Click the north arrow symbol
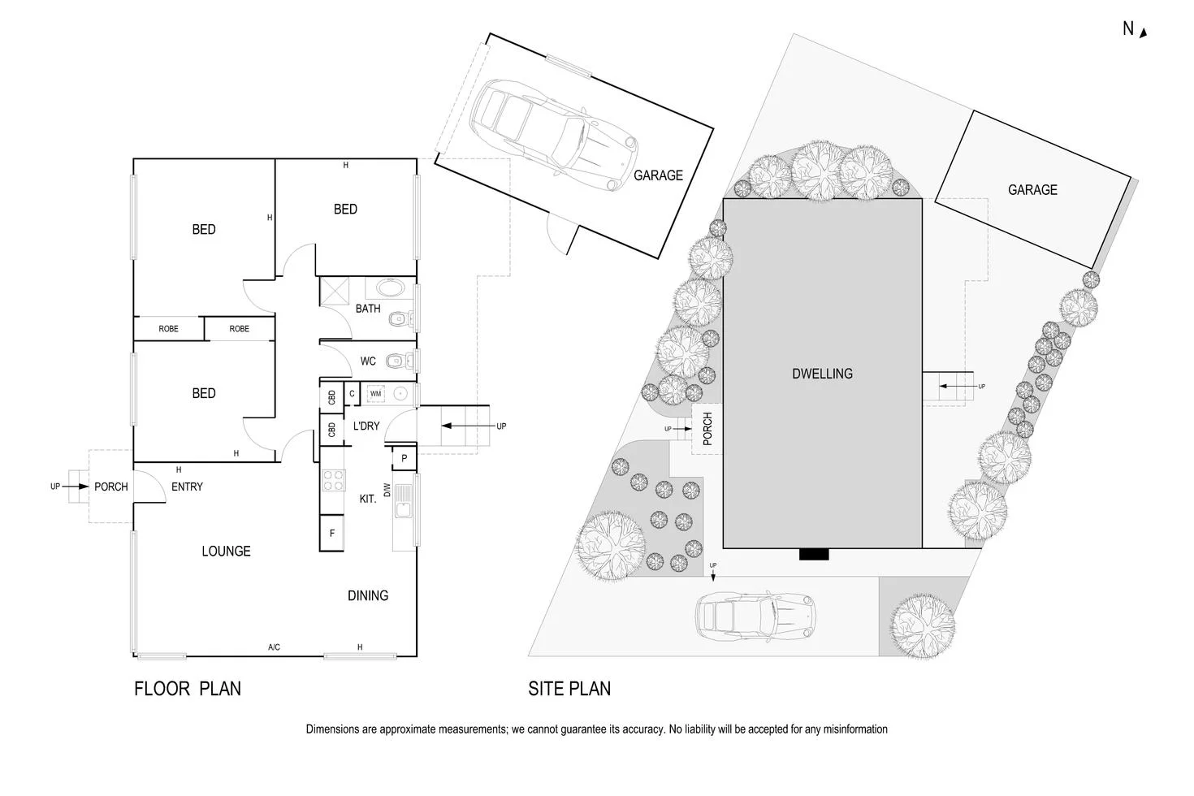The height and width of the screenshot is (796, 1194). click(x=1143, y=32)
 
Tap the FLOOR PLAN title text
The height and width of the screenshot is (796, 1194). click(x=188, y=689)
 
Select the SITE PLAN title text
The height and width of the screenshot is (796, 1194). click(x=569, y=689)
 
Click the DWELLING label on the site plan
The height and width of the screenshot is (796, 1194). click(x=822, y=374)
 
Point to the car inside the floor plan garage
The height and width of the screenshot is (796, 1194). click(x=552, y=134)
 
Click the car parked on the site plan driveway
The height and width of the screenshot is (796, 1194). click(x=755, y=615)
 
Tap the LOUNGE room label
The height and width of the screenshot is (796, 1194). click(x=226, y=552)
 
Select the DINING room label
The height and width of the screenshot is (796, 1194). click(x=368, y=595)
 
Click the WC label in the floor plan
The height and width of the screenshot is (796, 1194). click(x=368, y=361)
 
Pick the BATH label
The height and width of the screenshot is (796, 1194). click(x=368, y=309)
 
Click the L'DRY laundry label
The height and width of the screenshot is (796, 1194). click(x=366, y=426)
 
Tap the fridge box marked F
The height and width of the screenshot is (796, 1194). click(x=331, y=534)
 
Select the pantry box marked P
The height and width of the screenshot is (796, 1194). click(x=404, y=459)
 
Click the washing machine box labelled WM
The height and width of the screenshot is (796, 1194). click(x=375, y=394)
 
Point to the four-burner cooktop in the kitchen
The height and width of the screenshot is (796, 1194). click(x=333, y=480)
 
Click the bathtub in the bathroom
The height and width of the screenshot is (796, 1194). click(x=391, y=288)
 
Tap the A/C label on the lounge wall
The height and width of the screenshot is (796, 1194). click(x=274, y=647)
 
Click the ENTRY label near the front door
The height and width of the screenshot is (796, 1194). click(x=187, y=487)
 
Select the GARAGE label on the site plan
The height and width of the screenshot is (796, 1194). click(x=1032, y=190)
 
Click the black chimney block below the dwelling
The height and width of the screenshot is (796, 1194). click(x=814, y=555)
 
